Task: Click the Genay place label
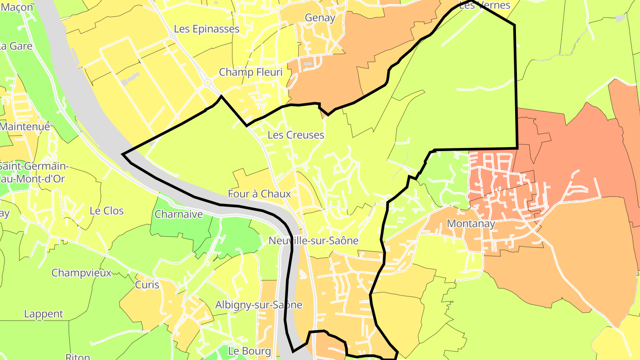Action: click(320, 18)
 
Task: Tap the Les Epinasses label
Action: click(207, 29)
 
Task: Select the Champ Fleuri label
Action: click(251, 72)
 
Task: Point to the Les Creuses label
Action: click(296, 135)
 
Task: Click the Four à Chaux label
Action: click(260, 194)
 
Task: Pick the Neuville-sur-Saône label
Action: click(313, 240)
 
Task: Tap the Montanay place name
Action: click(471, 224)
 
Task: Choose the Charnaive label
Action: click(179, 214)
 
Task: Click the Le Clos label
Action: click(107, 211)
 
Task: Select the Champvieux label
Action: click(81, 272)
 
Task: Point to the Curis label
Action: click(147, 285)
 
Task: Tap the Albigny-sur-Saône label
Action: click(259, 305)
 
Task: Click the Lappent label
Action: click(44, 314)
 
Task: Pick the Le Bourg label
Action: click(249, 351)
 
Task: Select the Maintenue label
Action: click(25, 126)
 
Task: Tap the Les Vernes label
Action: click(484, 5)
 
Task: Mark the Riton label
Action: click(78, 356)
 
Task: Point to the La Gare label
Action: click(16, 46)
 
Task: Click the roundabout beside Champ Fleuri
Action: click(207, 82)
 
